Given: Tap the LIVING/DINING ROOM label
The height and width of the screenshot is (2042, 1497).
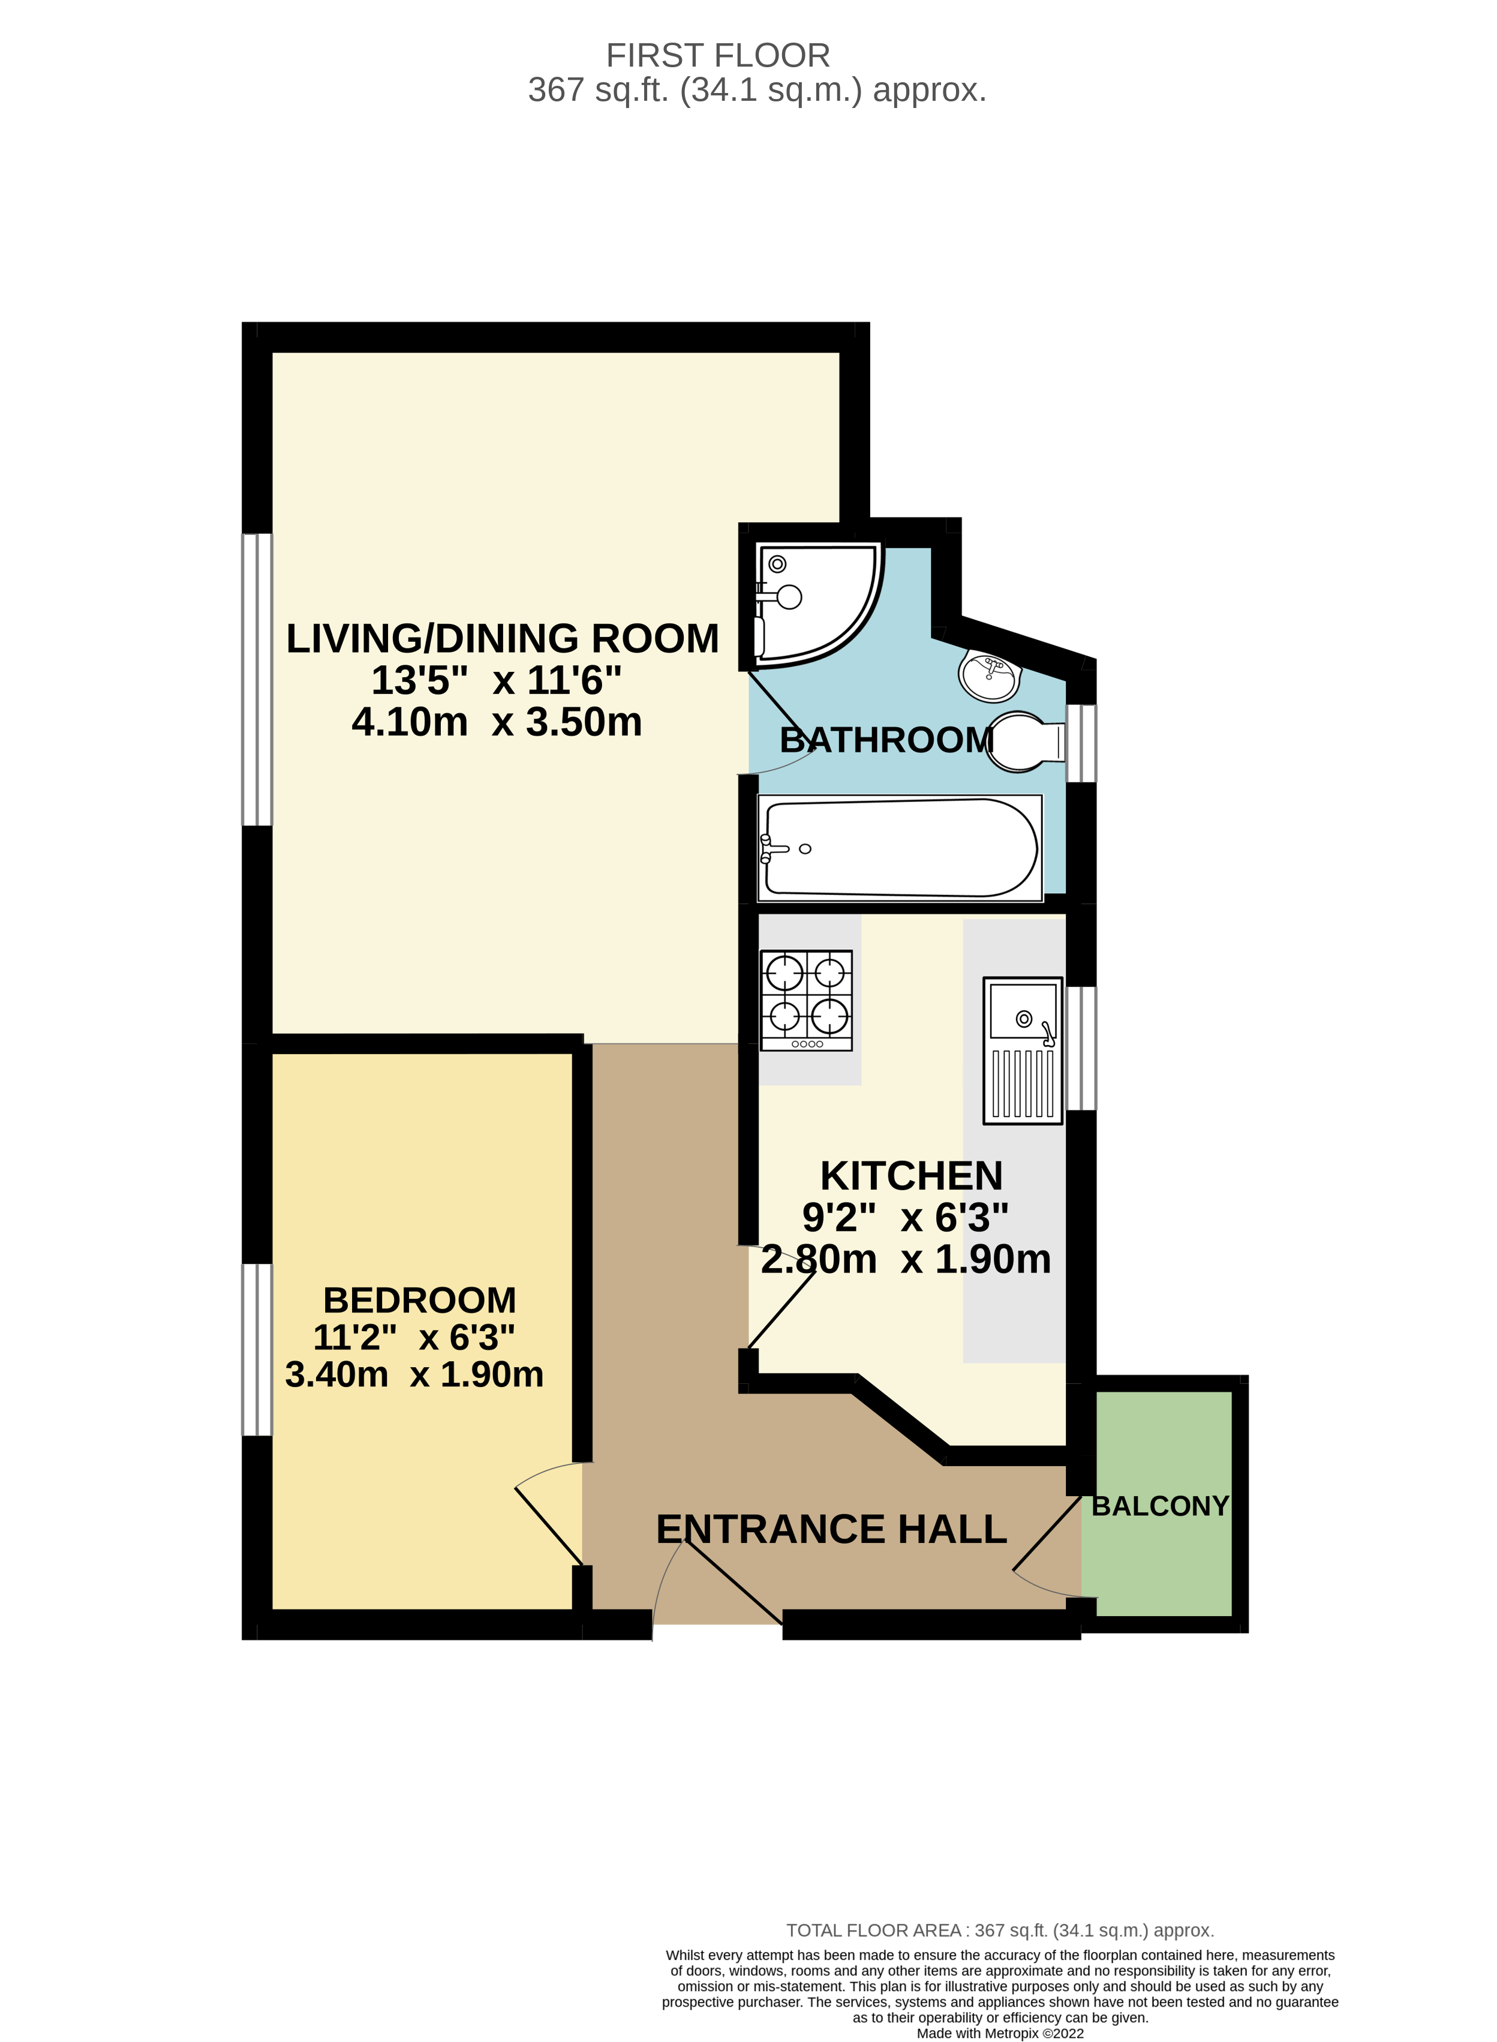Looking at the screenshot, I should [502, 638].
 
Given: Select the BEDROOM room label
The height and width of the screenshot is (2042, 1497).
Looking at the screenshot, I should [420, 1300].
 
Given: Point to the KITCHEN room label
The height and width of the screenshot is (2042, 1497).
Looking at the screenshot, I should [910, 1176].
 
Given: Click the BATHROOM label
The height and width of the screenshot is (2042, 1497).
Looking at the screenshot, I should [886, 740].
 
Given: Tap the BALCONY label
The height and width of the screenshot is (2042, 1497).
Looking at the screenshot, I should [1160, 1506].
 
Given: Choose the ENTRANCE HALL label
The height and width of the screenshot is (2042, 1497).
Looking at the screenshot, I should [831, 1529].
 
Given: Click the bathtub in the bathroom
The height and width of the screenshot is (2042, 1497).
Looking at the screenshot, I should [899, 848].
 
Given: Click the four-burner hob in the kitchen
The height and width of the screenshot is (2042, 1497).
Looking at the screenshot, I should [805, 999].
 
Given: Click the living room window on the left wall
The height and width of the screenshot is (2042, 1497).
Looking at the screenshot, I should [257, 680].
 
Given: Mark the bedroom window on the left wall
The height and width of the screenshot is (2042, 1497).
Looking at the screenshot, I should [257, 1350].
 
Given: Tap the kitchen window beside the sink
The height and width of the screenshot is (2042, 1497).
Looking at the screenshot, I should [1080, 1048].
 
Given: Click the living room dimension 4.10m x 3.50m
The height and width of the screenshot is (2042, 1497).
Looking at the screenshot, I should [497, 722].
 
